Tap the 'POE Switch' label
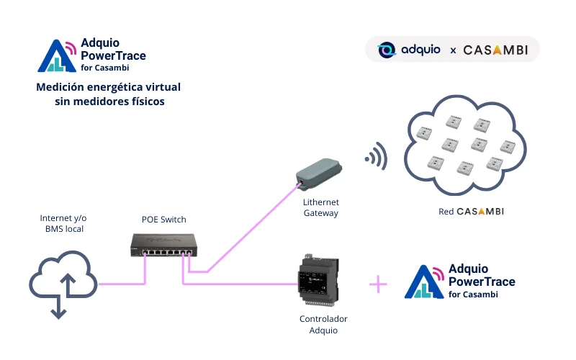point(163,219)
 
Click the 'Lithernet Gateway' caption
point(321,208)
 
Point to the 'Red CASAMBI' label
point(471,212)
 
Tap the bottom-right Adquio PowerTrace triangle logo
point(426,282)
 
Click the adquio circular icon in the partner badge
point(387,50)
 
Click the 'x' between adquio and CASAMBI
point(453,51)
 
